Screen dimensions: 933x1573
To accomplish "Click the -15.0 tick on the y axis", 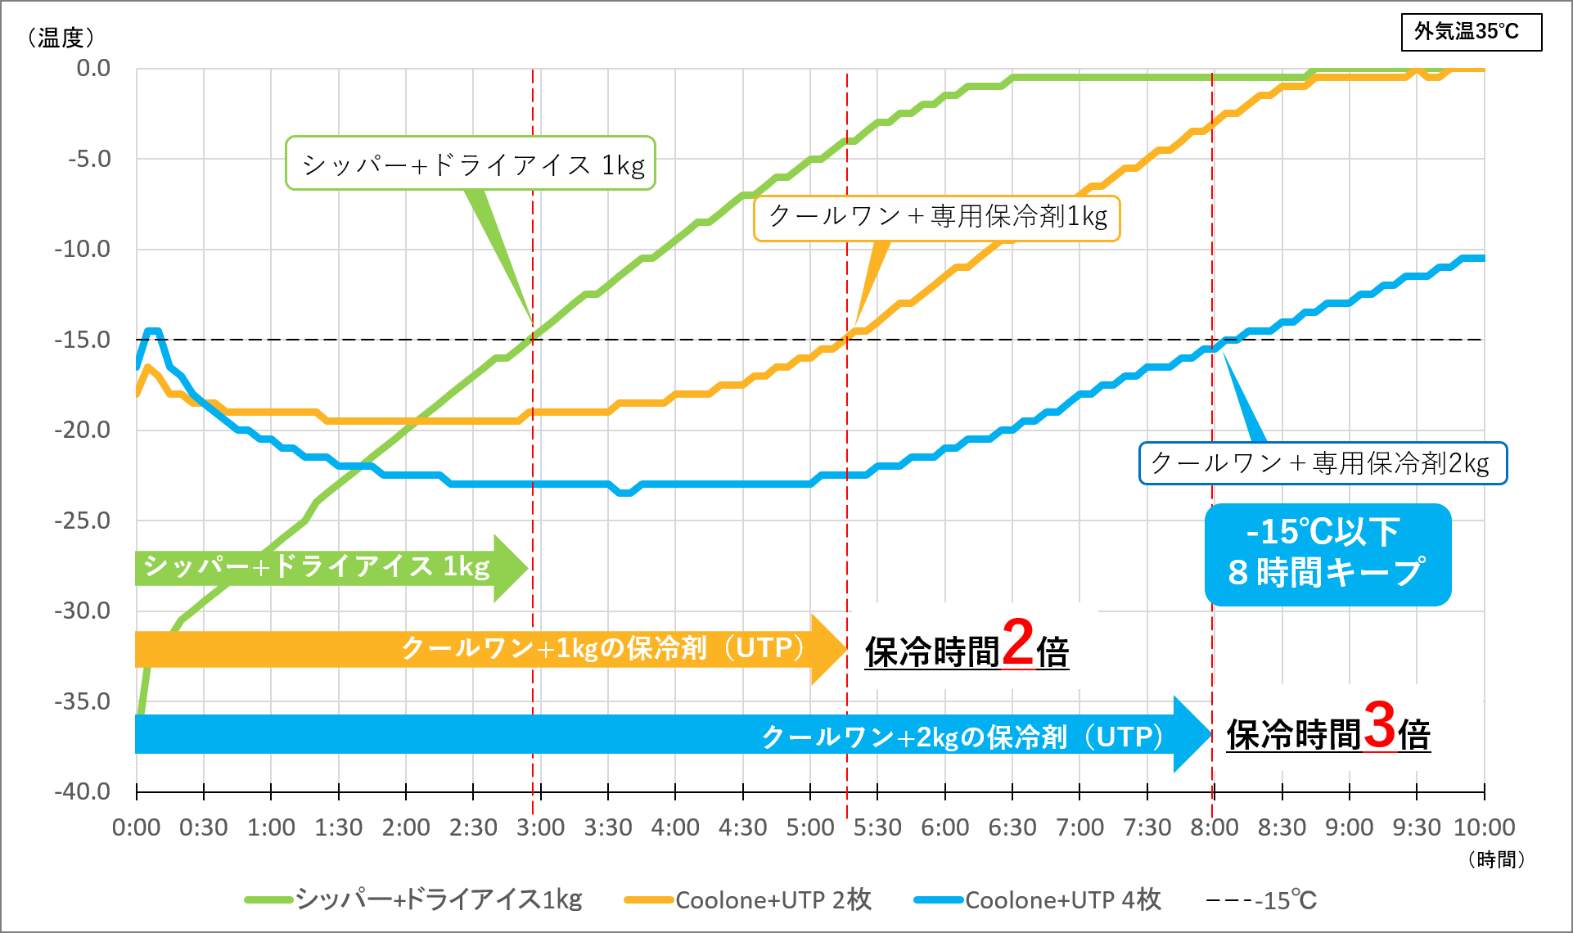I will pos(82,340).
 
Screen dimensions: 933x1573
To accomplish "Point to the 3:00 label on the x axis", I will pos(540,827).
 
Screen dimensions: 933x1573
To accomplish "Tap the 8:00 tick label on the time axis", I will pos(1214,827).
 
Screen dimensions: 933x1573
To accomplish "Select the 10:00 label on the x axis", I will pos(1484,827).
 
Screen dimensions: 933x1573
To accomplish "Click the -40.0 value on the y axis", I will pos(82,791).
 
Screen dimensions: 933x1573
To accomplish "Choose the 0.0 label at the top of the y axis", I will pos(92,68).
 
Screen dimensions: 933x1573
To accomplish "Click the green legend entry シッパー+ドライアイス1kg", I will pos(413,899).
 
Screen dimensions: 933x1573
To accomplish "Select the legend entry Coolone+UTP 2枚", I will pos(748,899).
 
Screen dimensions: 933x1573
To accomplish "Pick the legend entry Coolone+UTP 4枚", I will pos(1038,899).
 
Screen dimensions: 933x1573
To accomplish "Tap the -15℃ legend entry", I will pos(1285,900).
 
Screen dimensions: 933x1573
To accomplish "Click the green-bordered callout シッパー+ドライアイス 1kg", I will pos(471,164).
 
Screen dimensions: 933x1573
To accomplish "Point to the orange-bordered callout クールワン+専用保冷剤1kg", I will pos(937,217).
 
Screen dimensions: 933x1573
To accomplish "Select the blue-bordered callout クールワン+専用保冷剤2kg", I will pos(1322,463).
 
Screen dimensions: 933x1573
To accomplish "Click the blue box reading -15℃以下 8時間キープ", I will pos(1327,554).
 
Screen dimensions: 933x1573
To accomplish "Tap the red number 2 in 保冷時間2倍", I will pos(1017,643).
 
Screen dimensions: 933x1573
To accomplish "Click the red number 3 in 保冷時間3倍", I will pos(1379,726).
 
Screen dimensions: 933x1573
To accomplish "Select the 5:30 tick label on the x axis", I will pos(877,827).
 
